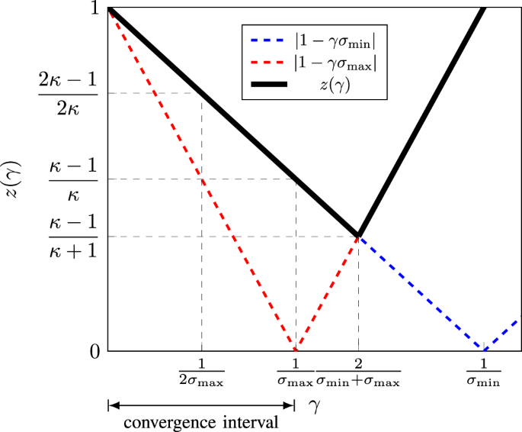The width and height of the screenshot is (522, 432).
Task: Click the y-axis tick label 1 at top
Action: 94,9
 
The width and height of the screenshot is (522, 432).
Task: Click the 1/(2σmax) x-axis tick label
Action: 201,371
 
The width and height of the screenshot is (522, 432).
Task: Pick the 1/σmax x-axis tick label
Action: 293,371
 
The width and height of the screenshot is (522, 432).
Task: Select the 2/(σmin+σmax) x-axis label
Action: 357,371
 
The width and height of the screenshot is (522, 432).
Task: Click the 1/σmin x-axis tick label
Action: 483,371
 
